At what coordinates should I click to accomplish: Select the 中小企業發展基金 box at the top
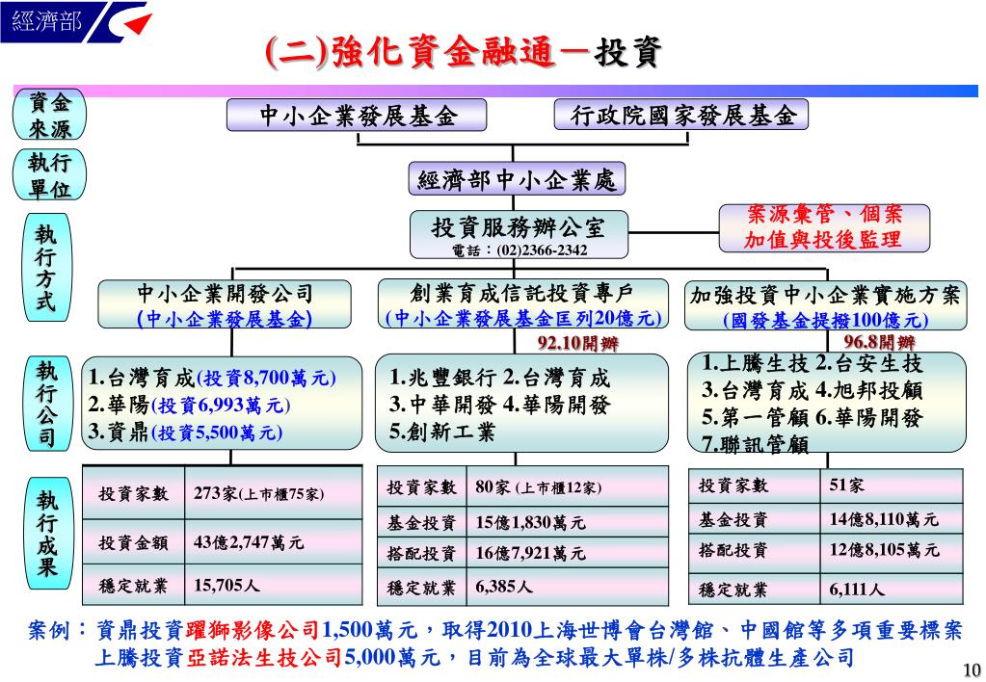click(x=358, y=117)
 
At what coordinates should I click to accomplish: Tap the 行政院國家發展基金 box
click(x=682, y=117)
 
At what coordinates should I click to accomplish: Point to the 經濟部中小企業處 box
click(x=517, y=180)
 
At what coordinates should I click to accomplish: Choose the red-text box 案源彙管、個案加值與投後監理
click(x=824, y=227)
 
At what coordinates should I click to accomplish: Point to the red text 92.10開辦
click(x=578, y=343)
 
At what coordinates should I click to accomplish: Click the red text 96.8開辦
click(x=880, y=342)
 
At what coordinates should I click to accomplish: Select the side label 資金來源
click(x=48, y=117)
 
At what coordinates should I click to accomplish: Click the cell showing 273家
click(x=258, y=494)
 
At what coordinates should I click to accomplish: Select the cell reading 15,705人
click(x=227, y=585)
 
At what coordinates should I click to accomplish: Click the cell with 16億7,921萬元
click(x=530, y=554)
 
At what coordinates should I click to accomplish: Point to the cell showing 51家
click(x=847, y=485)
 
